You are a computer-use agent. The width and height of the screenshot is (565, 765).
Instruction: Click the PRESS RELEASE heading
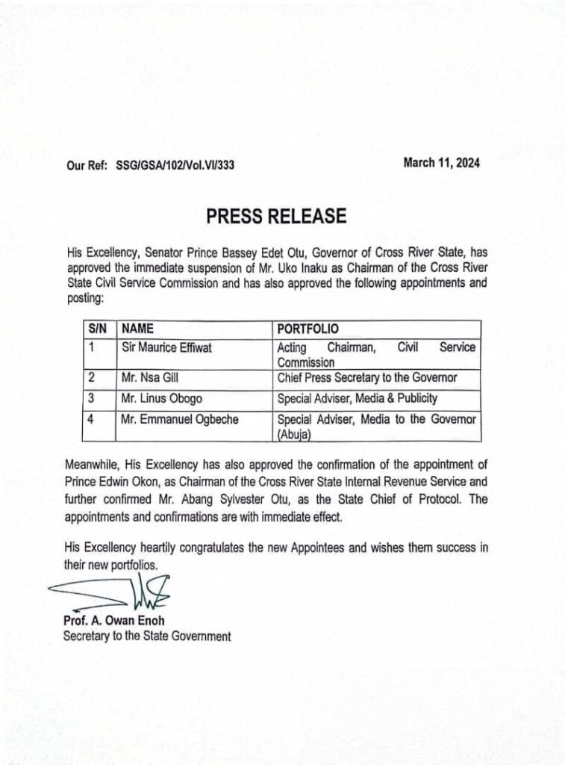coord(275,217)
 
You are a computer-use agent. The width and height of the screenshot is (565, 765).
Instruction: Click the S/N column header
coord(97,329)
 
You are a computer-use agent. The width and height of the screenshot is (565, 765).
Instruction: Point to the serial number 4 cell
coord(91,420)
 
